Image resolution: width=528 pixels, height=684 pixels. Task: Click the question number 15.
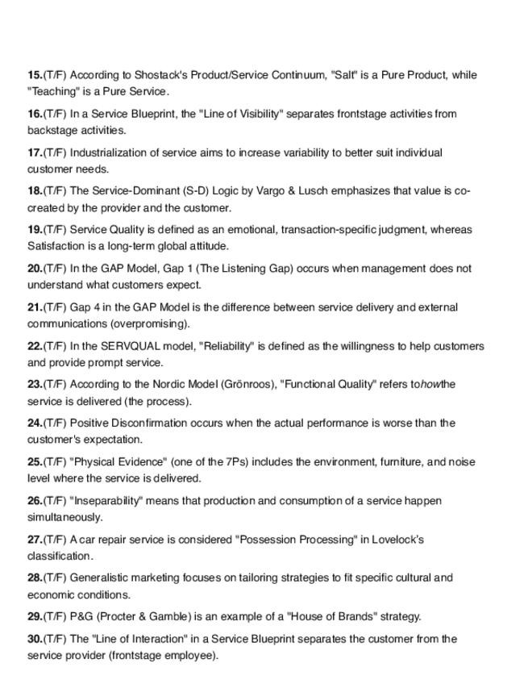(35, 75)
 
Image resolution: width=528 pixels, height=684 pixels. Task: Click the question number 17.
(35, 152)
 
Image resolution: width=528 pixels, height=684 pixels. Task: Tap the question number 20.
(35, 269)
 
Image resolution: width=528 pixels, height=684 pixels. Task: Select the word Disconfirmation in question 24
(160, 423)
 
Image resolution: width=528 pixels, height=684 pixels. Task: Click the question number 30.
(35, 639)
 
